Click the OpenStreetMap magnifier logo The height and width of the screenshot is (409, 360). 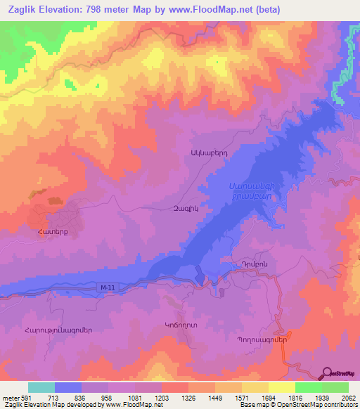[326, 374]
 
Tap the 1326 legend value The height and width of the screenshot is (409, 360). [188, 398]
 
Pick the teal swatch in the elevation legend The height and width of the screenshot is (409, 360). [41, 387]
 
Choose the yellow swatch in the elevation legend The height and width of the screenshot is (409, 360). [281, 387]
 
